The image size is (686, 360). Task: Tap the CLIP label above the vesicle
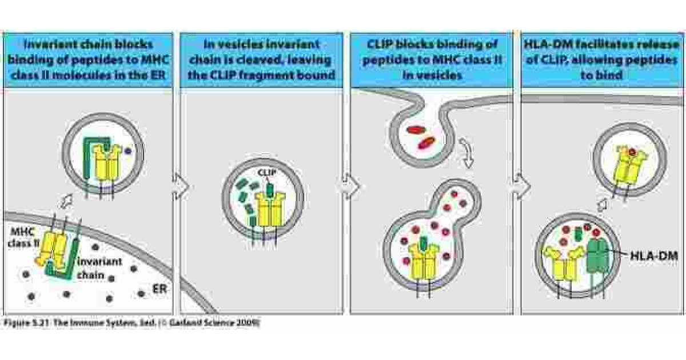(268, 171)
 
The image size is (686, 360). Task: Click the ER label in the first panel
(159, 289)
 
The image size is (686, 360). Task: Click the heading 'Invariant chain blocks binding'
(88, 60)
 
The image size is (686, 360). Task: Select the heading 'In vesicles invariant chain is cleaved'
(261, 60)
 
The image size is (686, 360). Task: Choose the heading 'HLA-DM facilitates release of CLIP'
(603, 60)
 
